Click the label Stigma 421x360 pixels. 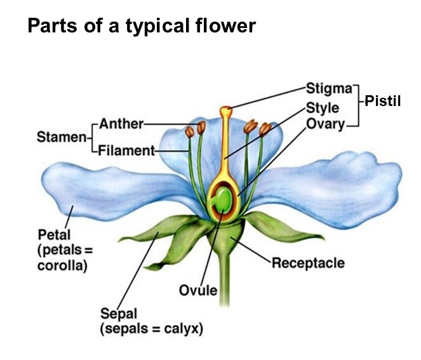pos(329,89)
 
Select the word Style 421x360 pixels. pos(323,108)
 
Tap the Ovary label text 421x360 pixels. pos(325,124)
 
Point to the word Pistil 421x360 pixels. pos(383,101)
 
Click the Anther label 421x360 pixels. pos(121,124)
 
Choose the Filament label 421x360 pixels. pos(126,150)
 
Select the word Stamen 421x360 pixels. pos(62,137)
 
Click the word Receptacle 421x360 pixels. pos(308,263)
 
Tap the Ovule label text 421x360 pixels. pos(198,290)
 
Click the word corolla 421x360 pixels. pos(63,266)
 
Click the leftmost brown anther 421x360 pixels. pos(190,132)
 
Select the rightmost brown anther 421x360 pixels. pos(265,129)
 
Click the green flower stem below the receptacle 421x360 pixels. pos(224,279)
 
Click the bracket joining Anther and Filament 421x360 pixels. pos(93,137)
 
